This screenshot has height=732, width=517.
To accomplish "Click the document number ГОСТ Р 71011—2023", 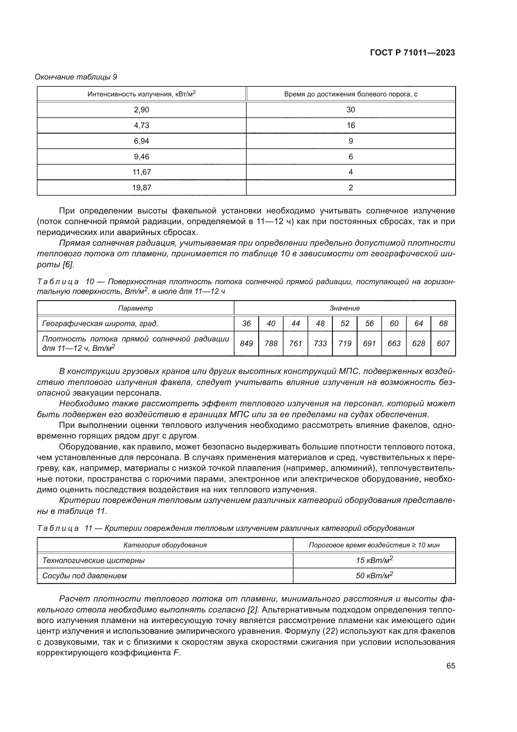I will (412, 53).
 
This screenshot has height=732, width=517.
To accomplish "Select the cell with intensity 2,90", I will (141, 110).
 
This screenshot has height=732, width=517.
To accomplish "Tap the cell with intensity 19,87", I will (141, 187).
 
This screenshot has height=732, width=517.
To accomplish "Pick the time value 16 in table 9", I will (350, 125).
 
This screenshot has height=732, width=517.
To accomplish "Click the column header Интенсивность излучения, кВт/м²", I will (141, 94).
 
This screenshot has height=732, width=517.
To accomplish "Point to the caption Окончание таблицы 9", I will (76, 77).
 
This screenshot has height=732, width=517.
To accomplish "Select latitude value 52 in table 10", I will (345, 324).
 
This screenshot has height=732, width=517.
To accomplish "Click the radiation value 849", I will (246, 343).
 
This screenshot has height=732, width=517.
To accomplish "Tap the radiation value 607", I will (443, 343).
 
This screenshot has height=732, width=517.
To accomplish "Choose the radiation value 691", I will (369, 343).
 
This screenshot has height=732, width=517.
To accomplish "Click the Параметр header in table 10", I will (135, 308).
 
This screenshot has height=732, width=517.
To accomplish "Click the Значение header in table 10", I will (344, 308).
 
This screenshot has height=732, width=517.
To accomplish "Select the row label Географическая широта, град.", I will (100, 324).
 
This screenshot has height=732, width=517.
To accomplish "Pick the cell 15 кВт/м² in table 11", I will (374, 560).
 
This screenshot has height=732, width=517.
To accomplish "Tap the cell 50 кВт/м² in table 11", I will (374, 576).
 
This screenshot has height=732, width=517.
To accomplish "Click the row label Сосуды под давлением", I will (84, 576).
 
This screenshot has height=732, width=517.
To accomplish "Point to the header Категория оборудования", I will (165, 545).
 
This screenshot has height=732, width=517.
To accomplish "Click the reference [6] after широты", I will (68, 265).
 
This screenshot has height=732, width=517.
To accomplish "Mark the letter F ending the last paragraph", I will (176, 653).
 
